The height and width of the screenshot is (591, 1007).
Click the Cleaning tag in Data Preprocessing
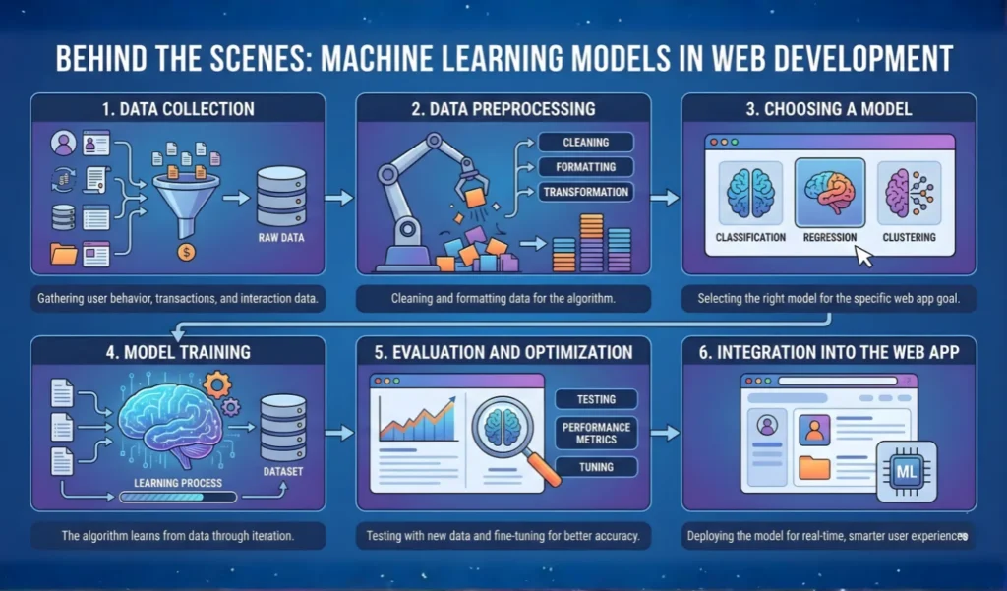point(585,142)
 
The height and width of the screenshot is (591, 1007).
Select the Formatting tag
point(585,166)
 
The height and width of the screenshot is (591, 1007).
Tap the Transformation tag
point(585,192)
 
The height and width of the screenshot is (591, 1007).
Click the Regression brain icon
point(829,192)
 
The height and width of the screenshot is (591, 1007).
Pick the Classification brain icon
point(750,192)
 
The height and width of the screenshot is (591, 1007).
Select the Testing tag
point(596,399)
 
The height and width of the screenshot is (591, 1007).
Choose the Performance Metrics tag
point(596,433)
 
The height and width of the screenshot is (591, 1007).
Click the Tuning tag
point(596,467)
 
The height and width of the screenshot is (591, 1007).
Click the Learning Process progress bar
point(178,498)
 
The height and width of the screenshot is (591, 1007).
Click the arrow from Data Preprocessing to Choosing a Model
point(665,198)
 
